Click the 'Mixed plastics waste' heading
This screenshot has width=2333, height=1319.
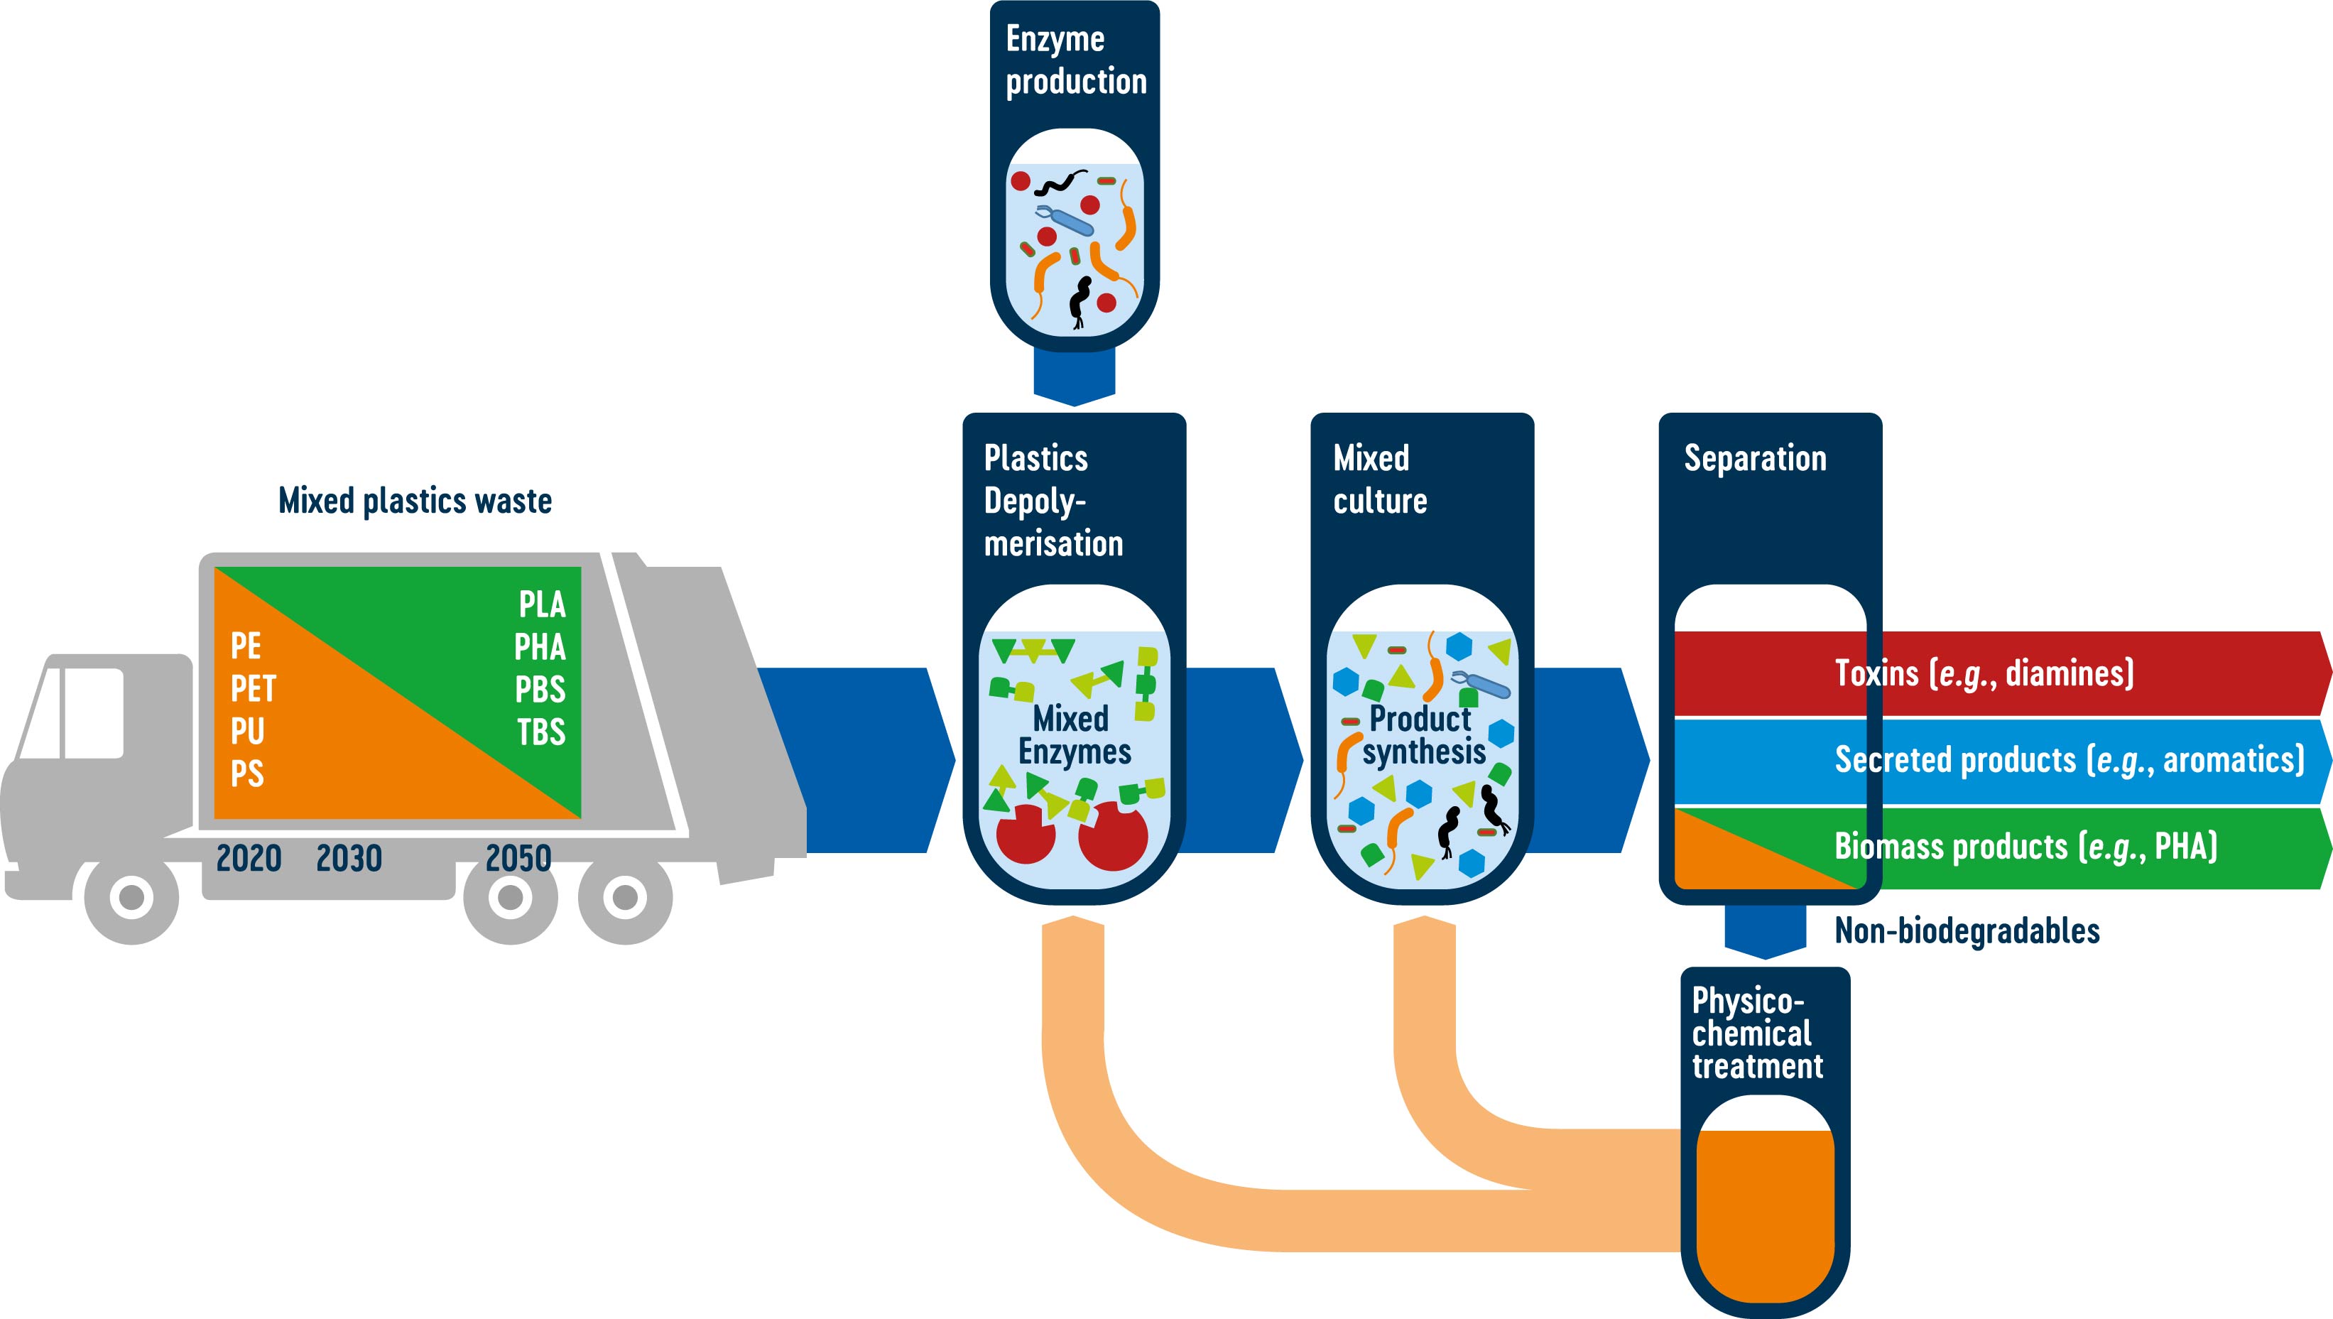pos(415,501)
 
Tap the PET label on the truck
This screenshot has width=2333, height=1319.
pos(253,690)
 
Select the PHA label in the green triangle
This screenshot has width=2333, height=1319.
pos(540,647)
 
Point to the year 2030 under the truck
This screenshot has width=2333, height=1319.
pos(349,858)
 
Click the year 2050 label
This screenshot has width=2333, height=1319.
pos(518,858)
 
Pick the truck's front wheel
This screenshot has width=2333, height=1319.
pos(131,897)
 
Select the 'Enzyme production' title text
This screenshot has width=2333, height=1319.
pos(1075,60)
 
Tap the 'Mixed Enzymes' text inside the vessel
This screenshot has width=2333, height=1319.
pos(1074,734)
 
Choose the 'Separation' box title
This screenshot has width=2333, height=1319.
pos(1754,458)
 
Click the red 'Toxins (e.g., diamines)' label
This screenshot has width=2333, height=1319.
pos(1984,673)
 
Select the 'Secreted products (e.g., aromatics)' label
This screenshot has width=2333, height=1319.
pos(2069,759)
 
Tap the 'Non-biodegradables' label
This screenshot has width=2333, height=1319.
pos(1967,931)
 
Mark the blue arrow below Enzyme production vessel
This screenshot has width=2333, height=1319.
pos(1074,376)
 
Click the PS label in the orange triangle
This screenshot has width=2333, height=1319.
pos(246,774)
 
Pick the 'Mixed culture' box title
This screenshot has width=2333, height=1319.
pos(1379,479)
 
